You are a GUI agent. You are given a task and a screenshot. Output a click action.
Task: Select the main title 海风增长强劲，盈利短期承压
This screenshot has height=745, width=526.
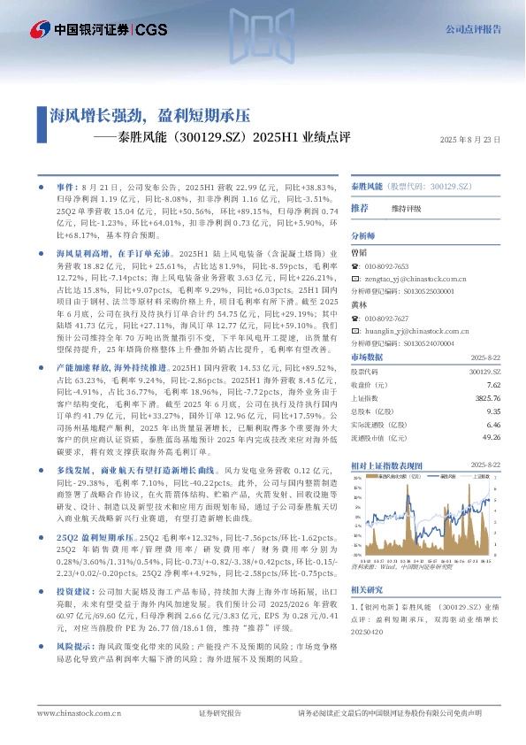(x=150, y=114)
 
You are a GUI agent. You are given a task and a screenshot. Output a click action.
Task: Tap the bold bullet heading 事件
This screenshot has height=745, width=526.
(x=66, y=188)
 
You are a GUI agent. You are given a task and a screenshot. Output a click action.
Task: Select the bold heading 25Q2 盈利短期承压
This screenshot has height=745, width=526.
(x=94, y=539)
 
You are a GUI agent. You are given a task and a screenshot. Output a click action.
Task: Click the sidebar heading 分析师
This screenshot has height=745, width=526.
(x=363, y=236)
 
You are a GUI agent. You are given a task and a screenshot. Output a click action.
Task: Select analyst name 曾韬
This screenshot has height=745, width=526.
(x=358, y=252)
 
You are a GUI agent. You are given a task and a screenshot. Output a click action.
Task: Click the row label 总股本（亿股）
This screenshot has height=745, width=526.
(x=371, y=411)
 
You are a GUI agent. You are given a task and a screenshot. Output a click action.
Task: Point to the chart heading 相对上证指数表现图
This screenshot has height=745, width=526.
(x=389, y=465)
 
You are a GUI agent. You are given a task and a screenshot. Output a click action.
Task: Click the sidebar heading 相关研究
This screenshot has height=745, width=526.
(x=367, y=565)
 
